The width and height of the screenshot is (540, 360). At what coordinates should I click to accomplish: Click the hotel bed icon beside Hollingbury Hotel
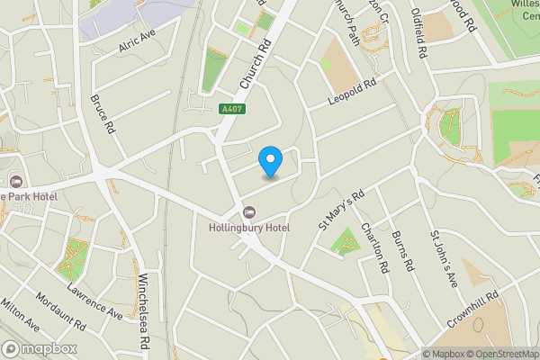(x=248, y=212)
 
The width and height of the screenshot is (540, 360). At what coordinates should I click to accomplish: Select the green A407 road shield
(x=231, y=109)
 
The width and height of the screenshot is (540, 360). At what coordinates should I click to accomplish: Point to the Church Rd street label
(x=256, y=65)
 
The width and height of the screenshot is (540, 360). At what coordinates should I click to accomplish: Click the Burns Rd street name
(x=402, y=251)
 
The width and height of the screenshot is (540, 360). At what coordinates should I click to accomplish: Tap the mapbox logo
(x=40, y=348)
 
